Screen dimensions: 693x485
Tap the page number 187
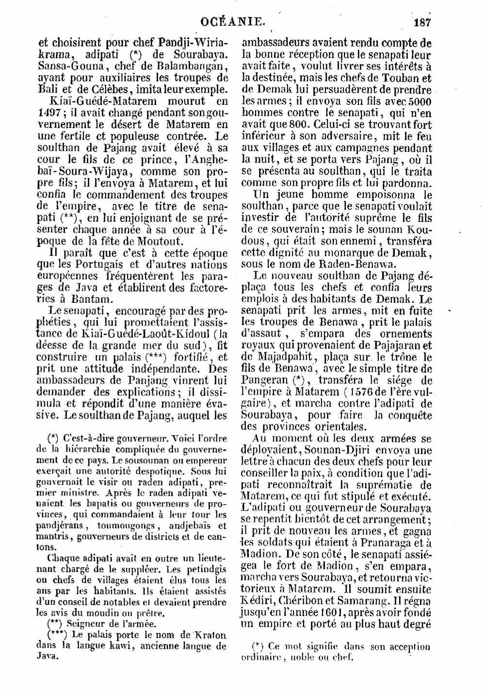422,22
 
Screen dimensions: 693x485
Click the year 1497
48,113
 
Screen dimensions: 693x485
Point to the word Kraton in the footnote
212,635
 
